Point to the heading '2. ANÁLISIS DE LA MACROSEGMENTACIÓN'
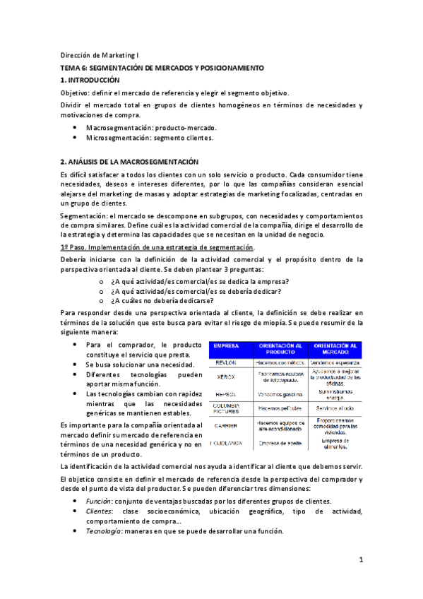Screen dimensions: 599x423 click(129, 161)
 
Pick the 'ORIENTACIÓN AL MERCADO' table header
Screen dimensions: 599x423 click(335, 348)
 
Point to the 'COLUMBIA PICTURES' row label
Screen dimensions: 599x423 click(227, 408)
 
